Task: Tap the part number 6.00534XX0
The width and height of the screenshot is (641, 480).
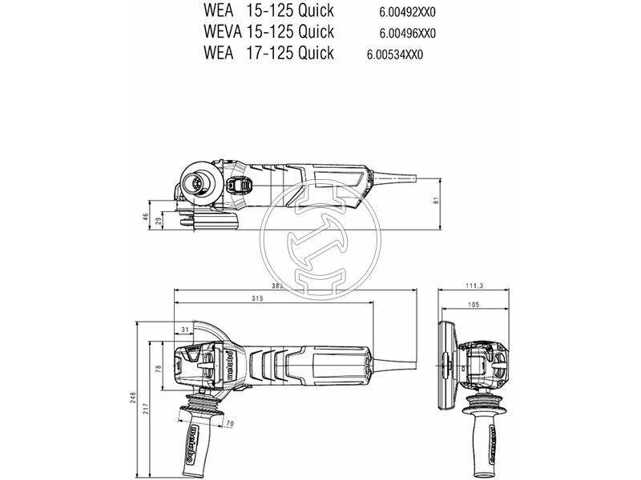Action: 394,55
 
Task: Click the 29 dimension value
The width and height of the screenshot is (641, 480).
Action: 159,221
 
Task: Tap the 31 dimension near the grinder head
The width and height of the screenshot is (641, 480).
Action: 185,329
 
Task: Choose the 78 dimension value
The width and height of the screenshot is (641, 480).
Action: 159,369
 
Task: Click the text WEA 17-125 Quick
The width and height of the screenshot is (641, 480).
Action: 258,54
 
